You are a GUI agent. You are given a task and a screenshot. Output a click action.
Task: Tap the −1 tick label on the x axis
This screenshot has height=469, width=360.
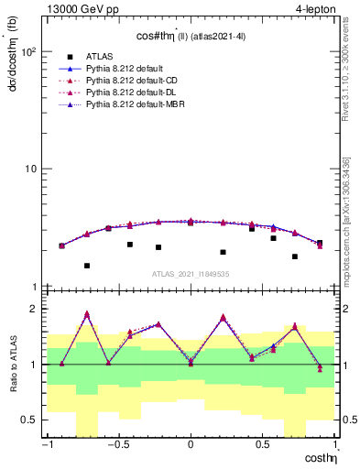pos(46,445)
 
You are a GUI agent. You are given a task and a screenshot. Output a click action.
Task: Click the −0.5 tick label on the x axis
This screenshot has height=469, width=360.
pos(117,445)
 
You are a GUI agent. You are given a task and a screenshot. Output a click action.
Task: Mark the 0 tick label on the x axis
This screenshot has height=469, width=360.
pos(191,445)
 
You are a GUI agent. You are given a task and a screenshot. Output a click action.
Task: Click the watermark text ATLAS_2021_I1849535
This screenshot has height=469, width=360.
pos(190,274)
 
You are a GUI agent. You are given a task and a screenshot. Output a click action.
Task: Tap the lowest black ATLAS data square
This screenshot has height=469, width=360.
pos(87,266)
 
